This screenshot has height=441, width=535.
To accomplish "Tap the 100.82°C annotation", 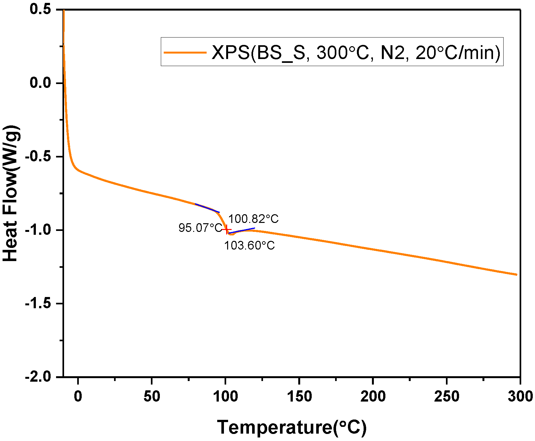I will tap(253, 219).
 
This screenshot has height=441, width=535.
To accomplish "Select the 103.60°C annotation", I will tap(249, 246).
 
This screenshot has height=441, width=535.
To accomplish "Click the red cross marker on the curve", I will tap(226, 230).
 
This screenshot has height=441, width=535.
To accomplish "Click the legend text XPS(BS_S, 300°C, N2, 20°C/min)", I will tap(356, 52).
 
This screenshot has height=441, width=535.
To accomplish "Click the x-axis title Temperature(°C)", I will tap(292, 427).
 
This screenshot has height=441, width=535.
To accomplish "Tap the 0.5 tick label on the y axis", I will tap(40, 9).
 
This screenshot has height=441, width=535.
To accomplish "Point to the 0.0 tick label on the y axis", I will tap(40, 83).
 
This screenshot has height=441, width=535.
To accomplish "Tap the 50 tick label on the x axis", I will tap(152, 397).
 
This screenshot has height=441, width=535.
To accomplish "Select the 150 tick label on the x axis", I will tap(299, 397).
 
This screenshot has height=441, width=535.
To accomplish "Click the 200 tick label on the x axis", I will tap(373, 397).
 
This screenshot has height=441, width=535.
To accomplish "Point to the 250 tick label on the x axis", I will tap(447, 397).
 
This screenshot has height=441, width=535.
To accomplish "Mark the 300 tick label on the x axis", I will tap(520, 397).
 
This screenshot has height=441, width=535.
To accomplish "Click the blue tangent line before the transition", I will tap(207, 208).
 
